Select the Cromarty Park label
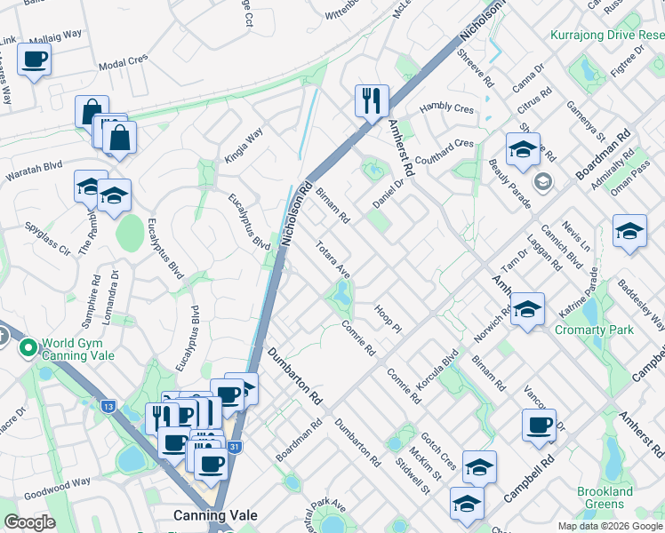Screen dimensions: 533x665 click(x=594, y=330)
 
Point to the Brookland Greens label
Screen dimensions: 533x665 click(x=605, y=497)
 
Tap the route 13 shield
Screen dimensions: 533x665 click(x=108, y=406)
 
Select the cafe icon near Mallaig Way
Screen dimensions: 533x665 click(x=34, y=60)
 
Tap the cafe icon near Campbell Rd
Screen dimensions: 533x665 click(x=540, y=426)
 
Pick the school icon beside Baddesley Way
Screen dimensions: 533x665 click(x=629, y=233)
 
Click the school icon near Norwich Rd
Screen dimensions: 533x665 click(x=527, y=309)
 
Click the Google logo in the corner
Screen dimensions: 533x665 click(x=29, y=522)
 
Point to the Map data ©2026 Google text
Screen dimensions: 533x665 click(x=610, y=526)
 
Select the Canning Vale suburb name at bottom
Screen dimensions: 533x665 click(x=216, y=515)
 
